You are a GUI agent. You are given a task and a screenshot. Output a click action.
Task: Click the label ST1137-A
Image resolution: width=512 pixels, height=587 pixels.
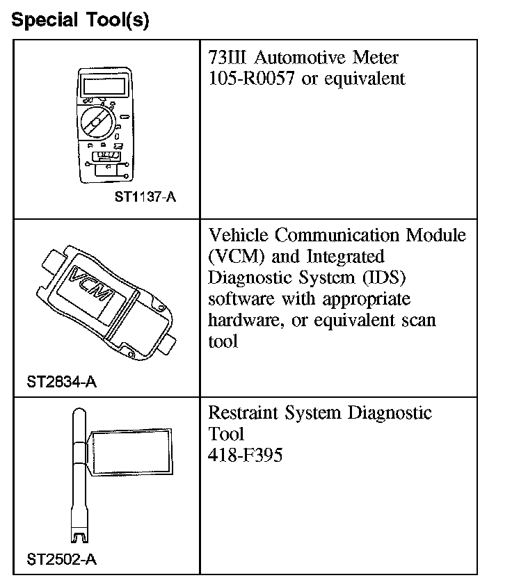tap(145, 197)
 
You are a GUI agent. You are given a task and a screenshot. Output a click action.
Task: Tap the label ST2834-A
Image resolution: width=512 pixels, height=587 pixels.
tap(61, 381)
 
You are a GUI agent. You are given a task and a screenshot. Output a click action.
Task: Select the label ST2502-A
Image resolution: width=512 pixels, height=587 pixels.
tap(61, 558)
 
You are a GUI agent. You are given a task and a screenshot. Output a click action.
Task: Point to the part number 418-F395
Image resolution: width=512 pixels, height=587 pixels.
tap(246, 457)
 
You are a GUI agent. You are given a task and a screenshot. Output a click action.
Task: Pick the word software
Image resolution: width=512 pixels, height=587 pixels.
tap(239, 300)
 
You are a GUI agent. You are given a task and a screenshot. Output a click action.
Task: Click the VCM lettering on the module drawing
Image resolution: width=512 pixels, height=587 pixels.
tap(90, 285)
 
